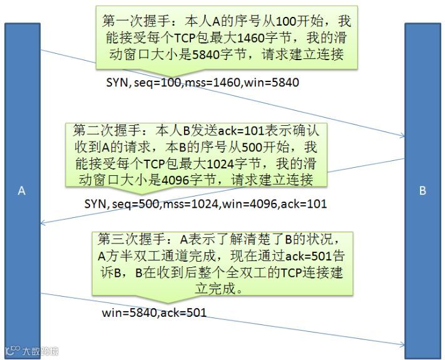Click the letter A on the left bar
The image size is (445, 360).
click(21, 190)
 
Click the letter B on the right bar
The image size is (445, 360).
click(422, 190)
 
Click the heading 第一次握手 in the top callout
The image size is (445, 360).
click(131, 21)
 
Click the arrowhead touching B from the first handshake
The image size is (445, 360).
click(402, 135)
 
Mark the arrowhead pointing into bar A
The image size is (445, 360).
click(43, 222)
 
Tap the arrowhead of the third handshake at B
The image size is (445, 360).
click(402, 344)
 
